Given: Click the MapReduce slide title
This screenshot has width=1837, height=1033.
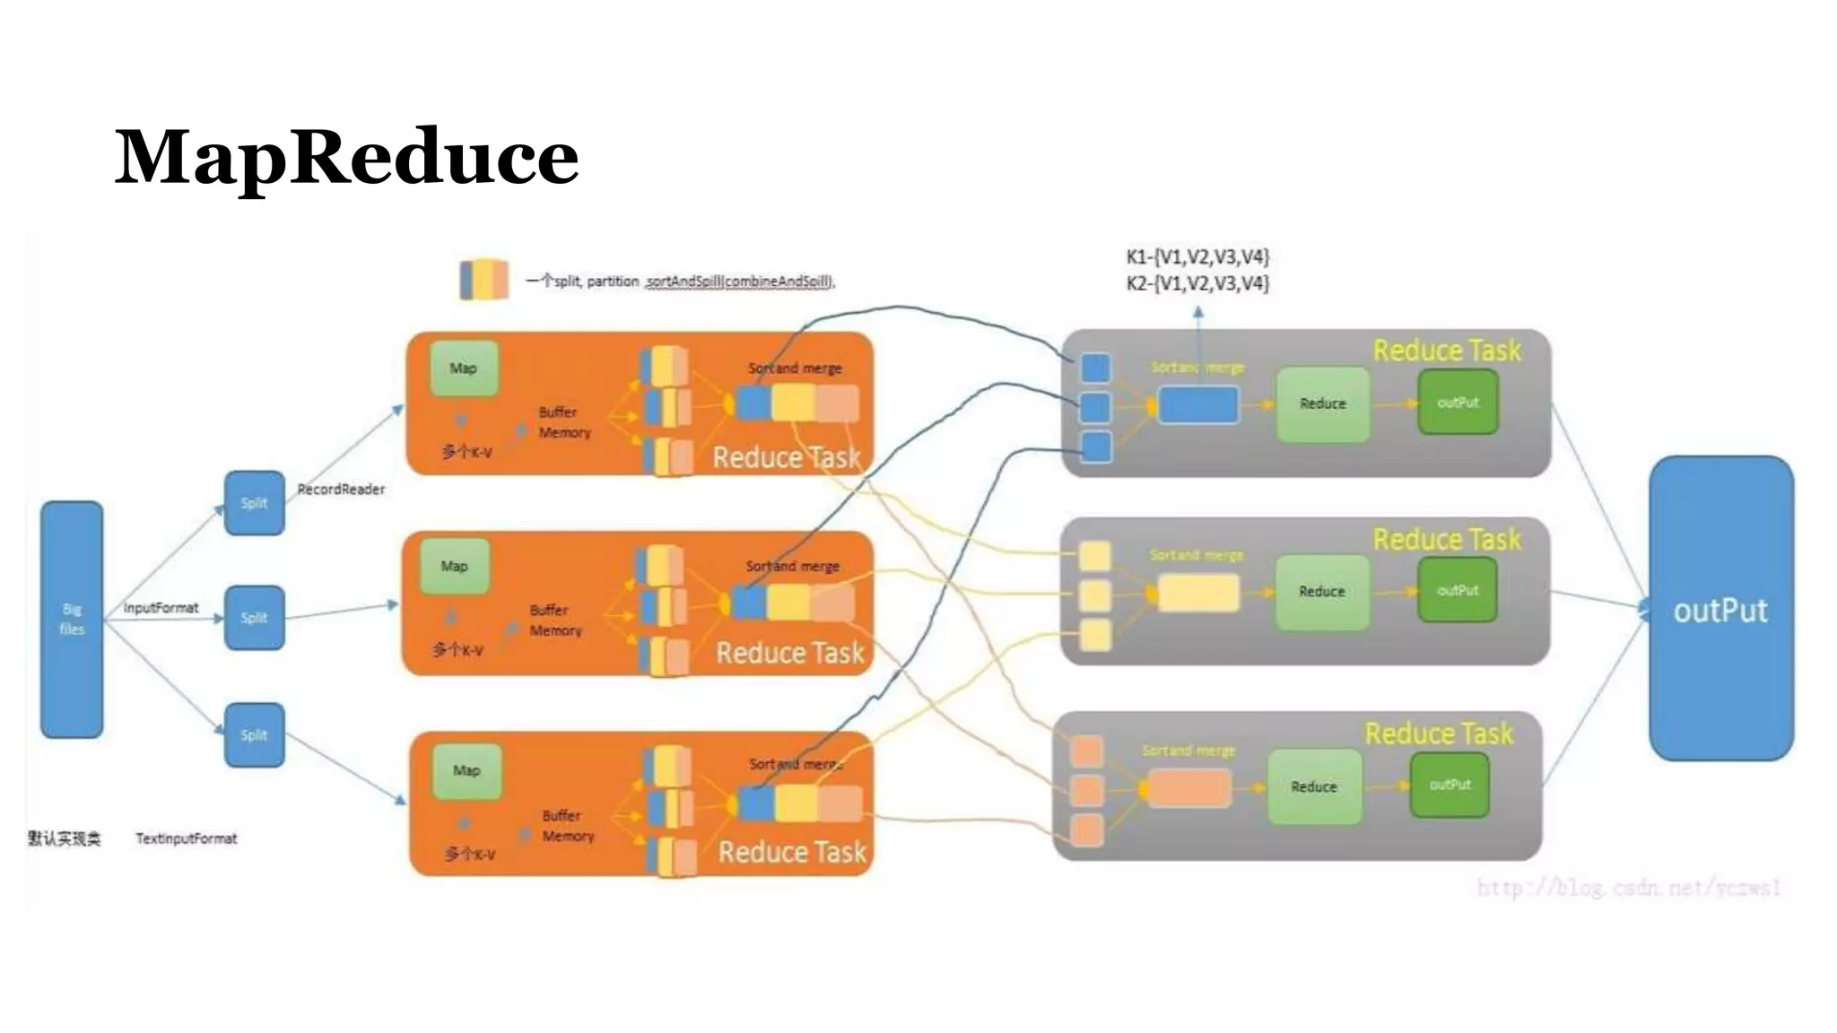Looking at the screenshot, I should pyautogui.click(x=346, y=158).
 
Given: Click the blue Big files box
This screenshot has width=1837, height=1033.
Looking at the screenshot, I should pyautogui.click(x=72, y=619).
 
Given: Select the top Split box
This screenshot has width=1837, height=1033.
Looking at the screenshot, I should pyautogui.click(x=254, y=503).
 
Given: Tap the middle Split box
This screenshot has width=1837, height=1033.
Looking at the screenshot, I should pyautogui.click(x=254, y=618).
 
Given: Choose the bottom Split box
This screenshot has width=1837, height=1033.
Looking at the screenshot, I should pyautogui.click(x=254, y=735).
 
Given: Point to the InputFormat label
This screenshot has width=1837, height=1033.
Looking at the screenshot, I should pyautogui.click(x=161, y=608).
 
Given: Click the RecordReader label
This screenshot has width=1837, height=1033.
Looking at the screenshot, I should pyautogui.click(x=341, y=490).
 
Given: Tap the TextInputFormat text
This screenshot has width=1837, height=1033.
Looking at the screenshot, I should pyautogui.click(x=187, y=838).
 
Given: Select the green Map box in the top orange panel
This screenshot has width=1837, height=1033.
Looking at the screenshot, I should pyautogui.click(x=464, y=368).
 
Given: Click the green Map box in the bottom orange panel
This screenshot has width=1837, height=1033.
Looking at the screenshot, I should pyautogui.click(x=466, y=770).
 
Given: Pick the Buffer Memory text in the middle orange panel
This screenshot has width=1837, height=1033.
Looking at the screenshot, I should pyautogui.click(x=555, y=621).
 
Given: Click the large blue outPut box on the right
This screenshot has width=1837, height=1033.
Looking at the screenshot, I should pyautogui.click(x=1720, y=610).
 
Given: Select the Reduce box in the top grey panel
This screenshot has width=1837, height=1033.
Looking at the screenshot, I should pyautogui.click(x=1322, y=404).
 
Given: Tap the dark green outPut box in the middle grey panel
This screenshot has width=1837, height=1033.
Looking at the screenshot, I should pyautogui.click(x=1458, y=590).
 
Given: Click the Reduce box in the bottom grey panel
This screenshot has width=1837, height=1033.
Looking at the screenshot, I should pyautogui.click(x=1313, y=786).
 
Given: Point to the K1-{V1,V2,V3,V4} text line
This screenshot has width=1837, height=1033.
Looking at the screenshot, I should pyautogui.click(x=1197, y=257).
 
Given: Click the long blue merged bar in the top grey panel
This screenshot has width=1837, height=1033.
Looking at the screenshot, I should pyautogui.click(x=1198, y=405).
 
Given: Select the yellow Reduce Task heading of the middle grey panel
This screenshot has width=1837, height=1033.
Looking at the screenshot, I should pyautogui.click(x=1447, y=540).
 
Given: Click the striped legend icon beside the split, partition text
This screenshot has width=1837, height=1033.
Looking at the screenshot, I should pyautogui.click(x=483, y=280).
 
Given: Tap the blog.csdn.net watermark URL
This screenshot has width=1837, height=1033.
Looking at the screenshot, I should pyautogui.click(x=1628, y=888).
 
